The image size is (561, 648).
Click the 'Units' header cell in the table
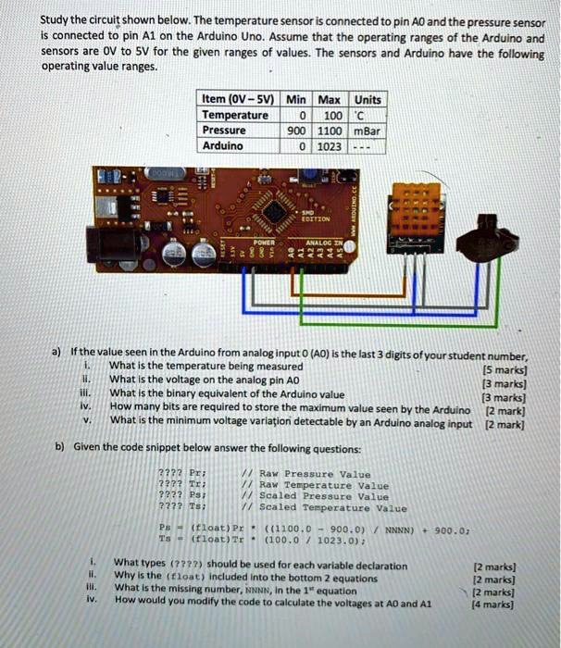click(x=368, y=99)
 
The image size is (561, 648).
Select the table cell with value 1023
click(x=329, y=146)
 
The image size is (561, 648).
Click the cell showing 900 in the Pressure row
click(x=296, y=131)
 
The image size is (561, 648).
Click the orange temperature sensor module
click(x=416, y=209)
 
